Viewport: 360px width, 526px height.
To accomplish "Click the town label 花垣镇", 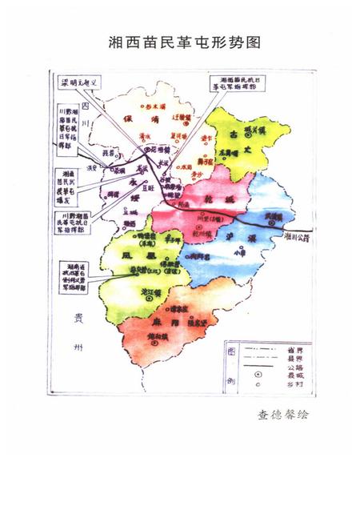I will (153, 149).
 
